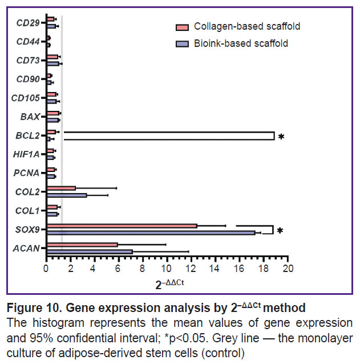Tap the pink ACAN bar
coord(82,245)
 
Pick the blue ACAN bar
coord(89,251)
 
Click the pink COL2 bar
coord(61,188)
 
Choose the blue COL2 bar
coord(67,195)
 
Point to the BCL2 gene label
coord(28,135)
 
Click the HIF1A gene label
coord(26,154)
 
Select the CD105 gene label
coord(26,98)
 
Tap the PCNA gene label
coord(27,173)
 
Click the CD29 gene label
coord(28,23)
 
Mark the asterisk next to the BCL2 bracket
coord(281,137)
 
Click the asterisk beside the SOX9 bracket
coord(281,231)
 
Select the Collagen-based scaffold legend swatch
coord(182,27)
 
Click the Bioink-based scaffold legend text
coord(241,43)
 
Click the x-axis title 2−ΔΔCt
coord(168,282)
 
